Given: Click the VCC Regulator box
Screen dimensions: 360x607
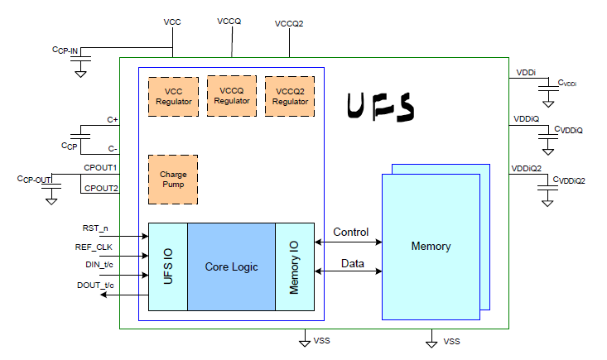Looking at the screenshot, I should pos(173,97).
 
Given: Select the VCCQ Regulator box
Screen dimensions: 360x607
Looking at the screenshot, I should pos(232,95).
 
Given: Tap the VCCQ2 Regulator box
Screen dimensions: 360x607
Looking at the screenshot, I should pos(290,97).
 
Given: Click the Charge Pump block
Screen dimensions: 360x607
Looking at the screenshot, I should pos(173,180).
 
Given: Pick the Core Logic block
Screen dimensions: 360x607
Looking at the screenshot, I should pos(231,266).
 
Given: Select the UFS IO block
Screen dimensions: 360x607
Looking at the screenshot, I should pos(168,266).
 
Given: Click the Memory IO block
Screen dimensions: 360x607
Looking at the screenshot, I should pos(295,266).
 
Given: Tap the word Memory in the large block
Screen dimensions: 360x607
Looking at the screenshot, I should pos(431,247).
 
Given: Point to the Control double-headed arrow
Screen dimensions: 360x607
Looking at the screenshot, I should pos(351,242).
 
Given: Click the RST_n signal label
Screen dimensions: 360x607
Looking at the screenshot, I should pos(95,228).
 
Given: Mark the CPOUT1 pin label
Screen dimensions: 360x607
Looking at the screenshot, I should pos(100,168).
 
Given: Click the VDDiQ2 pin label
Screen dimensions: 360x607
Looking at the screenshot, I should pos(527,168).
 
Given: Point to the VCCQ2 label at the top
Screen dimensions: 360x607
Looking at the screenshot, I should pos(289,23).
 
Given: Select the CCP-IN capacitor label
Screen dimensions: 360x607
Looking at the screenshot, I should pos(65,50).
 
